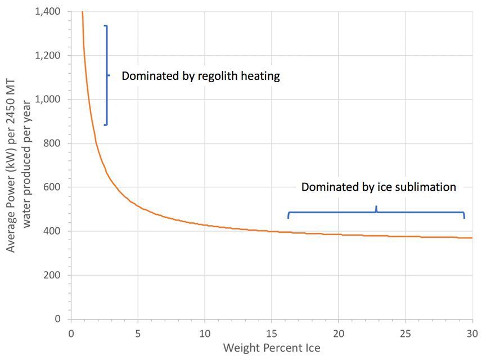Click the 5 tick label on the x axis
pos(138,332)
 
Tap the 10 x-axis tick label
pos(205,332)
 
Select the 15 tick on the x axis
pos(272,332)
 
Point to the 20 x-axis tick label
pos(339,332)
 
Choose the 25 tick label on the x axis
pos(406,332)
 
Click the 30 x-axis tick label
pos(472,332)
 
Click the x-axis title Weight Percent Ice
pos(272,348)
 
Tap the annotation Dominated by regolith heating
pos(201,76)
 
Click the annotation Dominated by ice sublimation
pos(379,187)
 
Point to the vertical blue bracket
pos(106,75)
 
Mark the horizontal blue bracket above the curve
pos(376,213)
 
